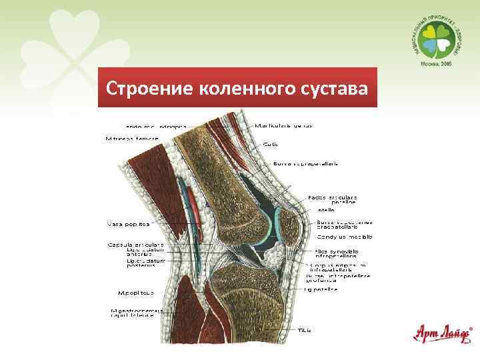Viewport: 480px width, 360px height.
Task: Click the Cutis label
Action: [x=271, y=143]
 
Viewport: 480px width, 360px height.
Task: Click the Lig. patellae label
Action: [x=321, y=289]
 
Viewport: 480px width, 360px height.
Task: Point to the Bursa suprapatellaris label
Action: [x=297, y=163]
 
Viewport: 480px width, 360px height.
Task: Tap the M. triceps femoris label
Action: [x=133, y=139]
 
